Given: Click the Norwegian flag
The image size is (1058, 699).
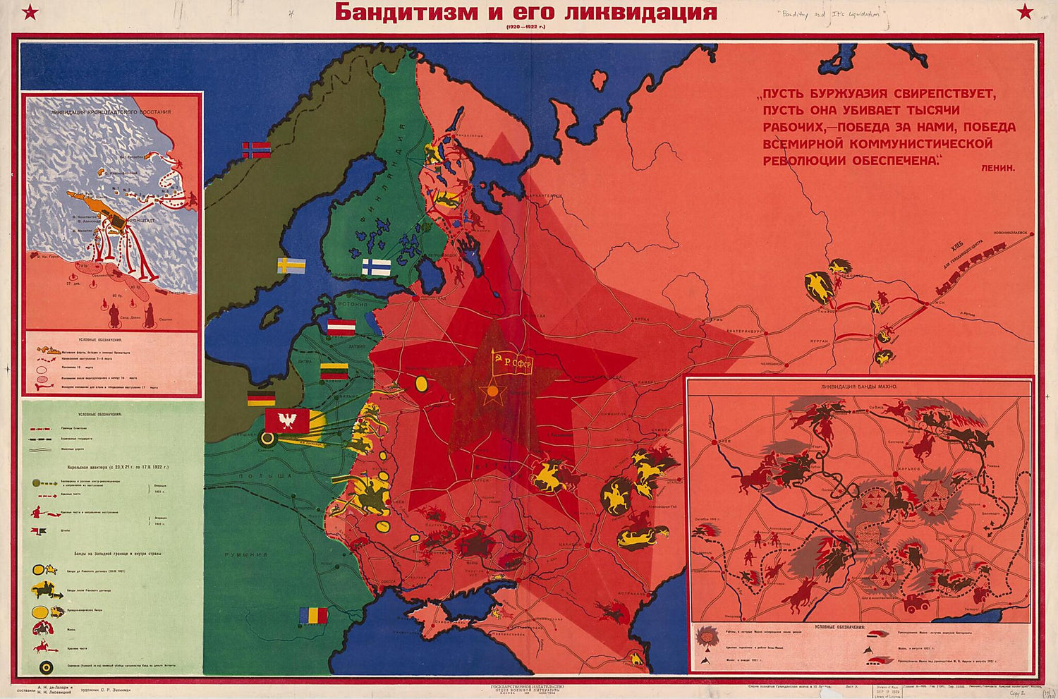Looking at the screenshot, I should (256, 150).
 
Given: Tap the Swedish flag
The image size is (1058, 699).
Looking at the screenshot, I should (291, 266).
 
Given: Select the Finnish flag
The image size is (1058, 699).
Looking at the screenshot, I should (376, 267).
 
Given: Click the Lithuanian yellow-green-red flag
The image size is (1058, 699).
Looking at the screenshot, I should (334, 371).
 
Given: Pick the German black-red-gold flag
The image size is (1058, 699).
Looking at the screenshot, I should (261, 399).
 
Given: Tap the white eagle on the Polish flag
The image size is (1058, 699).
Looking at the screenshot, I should (287, 421).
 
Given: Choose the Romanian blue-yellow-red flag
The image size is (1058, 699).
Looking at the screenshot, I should (313, 615).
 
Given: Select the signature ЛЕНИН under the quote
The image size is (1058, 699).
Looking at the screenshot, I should (997, 169).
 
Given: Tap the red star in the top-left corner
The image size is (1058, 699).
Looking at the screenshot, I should (30, 11).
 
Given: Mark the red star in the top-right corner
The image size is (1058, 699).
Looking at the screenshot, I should (1025, 11).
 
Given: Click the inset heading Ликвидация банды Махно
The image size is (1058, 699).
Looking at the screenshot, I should (858, 387).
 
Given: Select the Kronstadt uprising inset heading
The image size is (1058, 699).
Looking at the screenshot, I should (110, 112).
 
